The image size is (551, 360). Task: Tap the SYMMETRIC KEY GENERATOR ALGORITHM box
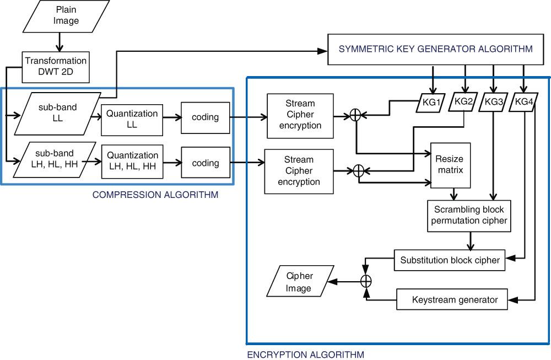tap(435, 49)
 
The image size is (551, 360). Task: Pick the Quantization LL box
tap(132, 118)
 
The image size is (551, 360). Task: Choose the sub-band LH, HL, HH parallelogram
tap(54, 159)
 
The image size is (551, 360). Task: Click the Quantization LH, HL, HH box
tap(132, 160)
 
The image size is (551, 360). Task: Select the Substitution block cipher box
tap(450, 260)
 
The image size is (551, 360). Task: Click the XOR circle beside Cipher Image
tap(366, 281)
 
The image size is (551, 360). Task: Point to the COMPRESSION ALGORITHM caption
tap(155, 195)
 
